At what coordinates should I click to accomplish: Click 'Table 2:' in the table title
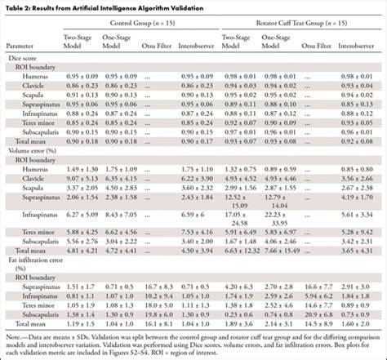(x=18, y=6)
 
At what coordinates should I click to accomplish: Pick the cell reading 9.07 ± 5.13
(x=80, y=179)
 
